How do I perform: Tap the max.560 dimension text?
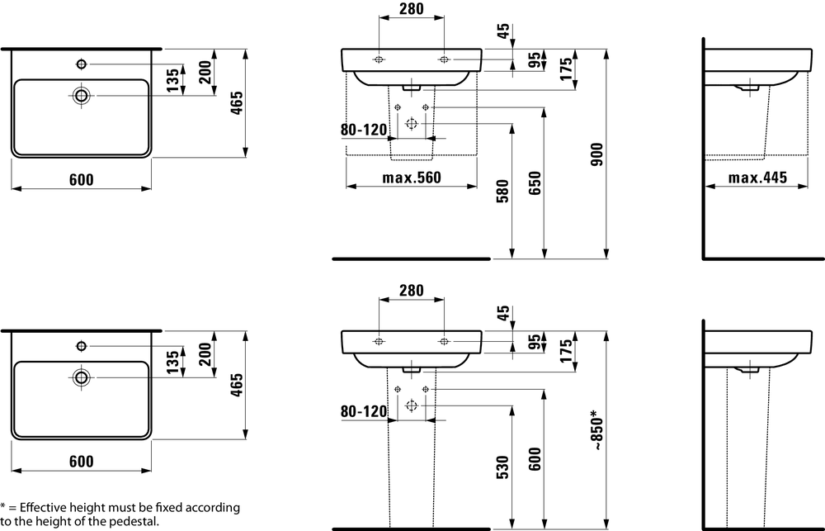click(412, 178)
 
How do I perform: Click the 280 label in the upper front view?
click(411, 10)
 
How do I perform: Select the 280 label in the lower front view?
click(411, 290)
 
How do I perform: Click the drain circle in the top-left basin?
click(81, 95)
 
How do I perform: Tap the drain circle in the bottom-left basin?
click(81, 377)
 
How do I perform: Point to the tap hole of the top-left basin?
click(81, 64)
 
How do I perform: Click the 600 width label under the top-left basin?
click(81, 180)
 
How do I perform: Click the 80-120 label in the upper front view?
click(364, 130)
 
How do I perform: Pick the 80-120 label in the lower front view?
click(364, 410)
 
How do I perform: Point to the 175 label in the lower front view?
click(567, 352)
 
